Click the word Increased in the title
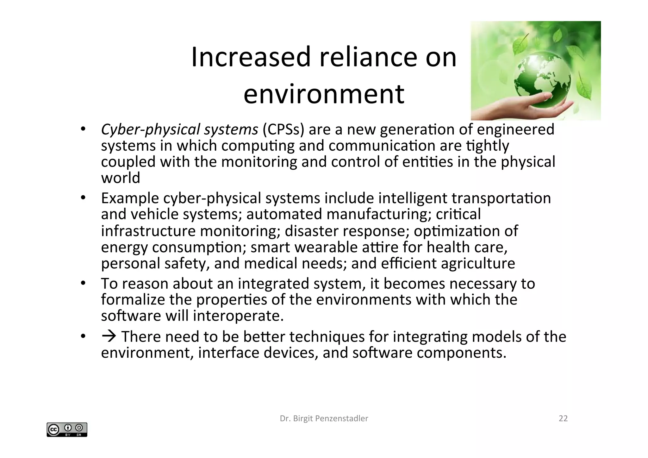point(251,57)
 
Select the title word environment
point(324,94)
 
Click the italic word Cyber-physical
point(150,129)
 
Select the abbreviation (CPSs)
point(283,129)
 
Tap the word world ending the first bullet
point(121,178)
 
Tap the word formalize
point(133,299)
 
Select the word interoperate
point(238,316)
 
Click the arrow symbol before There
point(109,336)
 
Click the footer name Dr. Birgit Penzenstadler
point(324,418)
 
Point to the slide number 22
point(563,418)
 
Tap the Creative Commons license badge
point(67,430)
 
